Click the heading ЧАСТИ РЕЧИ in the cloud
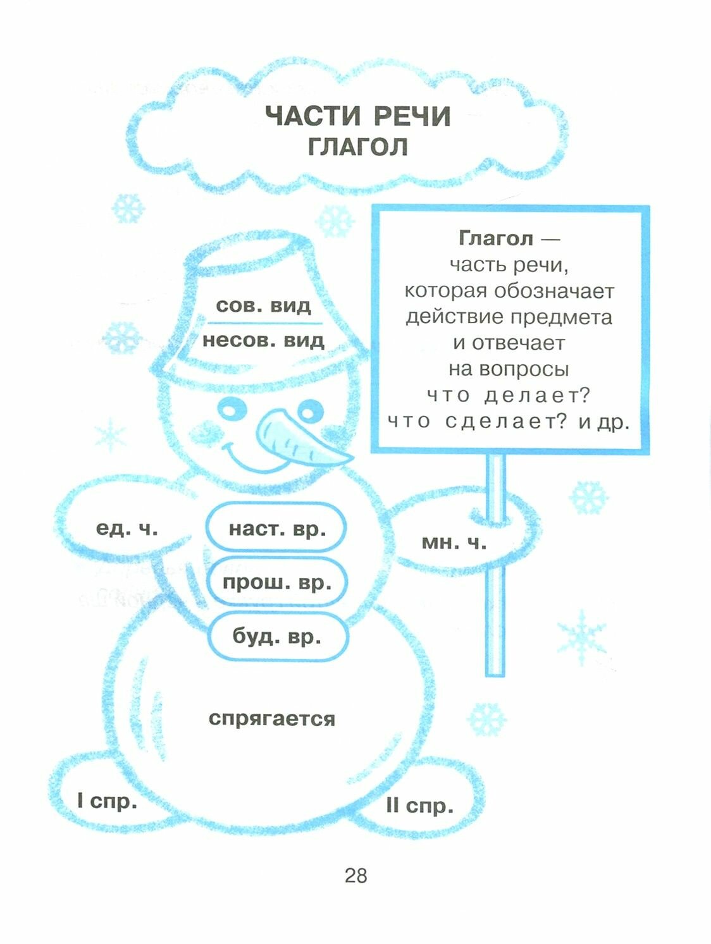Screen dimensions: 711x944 (357, 116)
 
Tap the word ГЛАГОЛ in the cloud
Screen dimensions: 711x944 (357, 147)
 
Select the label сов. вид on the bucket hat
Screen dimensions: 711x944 (264, 305)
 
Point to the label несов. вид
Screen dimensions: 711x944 (263, 340)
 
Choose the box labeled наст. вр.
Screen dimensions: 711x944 (277, 528)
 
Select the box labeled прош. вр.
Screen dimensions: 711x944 (277, 582)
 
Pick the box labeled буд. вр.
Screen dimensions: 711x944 (277, 635)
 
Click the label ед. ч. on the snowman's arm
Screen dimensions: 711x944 (127, 528)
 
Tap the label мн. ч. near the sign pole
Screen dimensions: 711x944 (454, 542)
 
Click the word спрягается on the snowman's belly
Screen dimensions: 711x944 (272, 718)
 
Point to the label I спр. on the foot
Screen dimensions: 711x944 (107, 801)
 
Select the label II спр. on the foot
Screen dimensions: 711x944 (420, 806)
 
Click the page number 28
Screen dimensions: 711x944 (355, 876)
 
